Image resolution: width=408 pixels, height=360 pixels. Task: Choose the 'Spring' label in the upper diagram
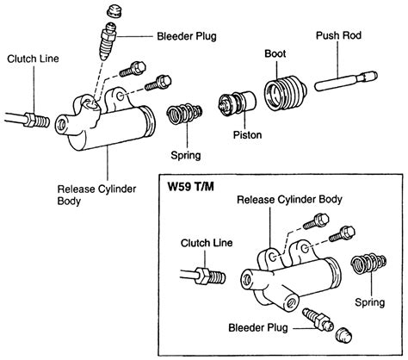click(x=185, y=156)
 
